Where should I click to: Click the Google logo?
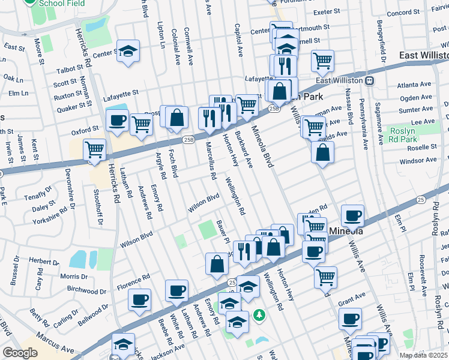coord(20,353)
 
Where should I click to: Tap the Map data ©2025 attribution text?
coord(424,355)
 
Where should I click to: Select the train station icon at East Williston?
coord(370,80)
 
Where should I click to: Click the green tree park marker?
coord(259,314)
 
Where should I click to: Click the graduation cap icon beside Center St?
coord(128,50)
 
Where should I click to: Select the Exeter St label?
coord(327,12)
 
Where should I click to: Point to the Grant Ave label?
coord(352,296)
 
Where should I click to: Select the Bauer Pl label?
coord(224,232)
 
